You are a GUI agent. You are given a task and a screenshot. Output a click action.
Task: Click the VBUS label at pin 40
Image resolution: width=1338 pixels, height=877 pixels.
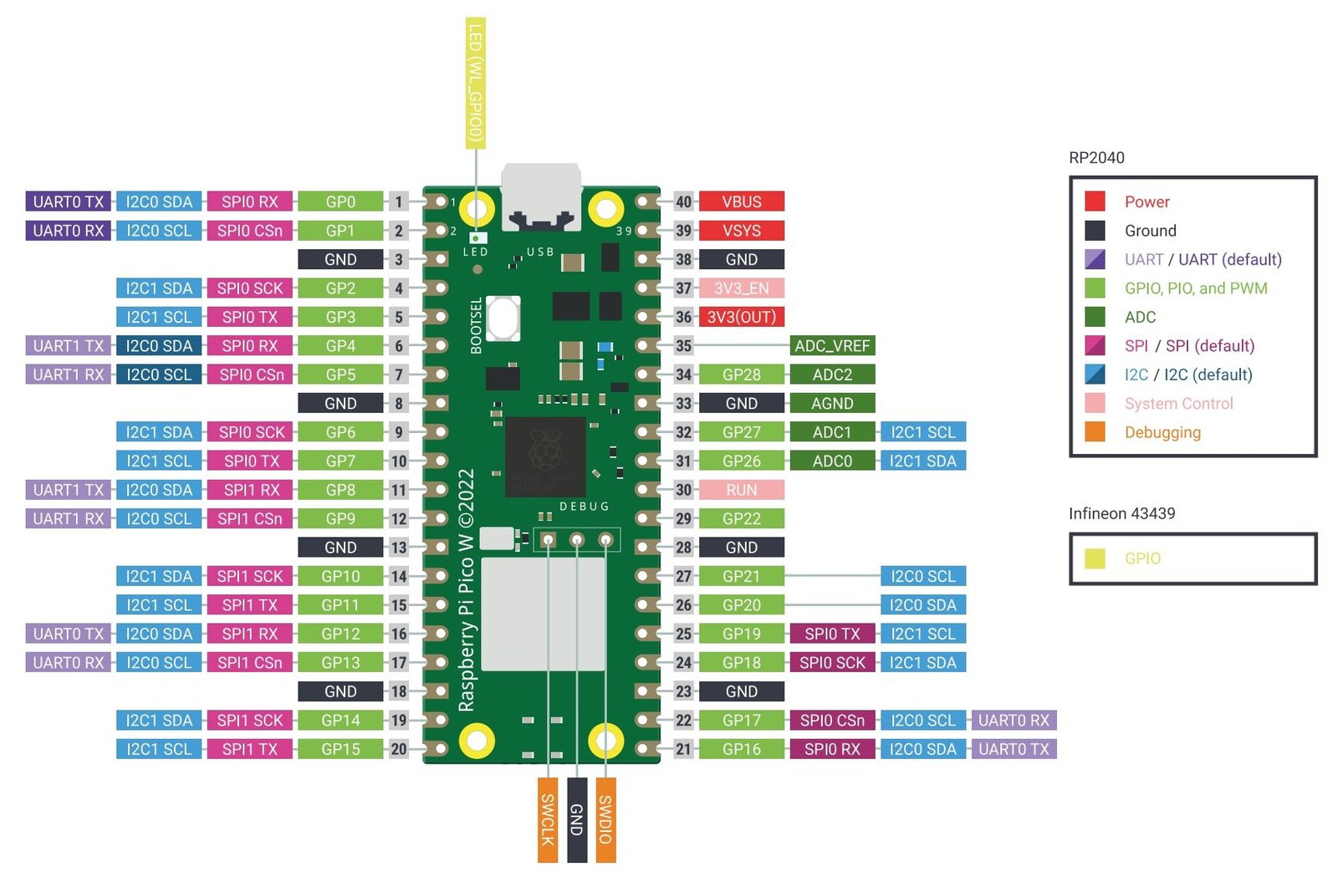coord(741,201)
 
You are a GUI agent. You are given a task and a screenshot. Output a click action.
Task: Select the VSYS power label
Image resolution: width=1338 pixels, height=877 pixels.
coord(741,231)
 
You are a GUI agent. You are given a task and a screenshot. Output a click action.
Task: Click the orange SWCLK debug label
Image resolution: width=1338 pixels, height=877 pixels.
coord(547,819)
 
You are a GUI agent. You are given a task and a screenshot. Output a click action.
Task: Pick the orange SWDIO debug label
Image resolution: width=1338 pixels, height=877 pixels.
coord(605,819)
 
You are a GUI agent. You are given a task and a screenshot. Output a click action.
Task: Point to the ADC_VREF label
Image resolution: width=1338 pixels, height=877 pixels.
coord(831,346)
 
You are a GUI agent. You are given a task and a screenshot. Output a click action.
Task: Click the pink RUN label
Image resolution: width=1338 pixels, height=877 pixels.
coord(741,490)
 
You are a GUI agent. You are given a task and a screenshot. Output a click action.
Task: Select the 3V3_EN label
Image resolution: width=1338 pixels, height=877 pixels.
coord(741,288)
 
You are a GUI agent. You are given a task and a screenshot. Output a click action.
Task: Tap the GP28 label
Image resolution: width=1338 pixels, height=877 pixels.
coord(741,375)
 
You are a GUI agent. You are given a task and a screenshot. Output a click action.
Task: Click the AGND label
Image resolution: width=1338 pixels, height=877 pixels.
coord(831,404)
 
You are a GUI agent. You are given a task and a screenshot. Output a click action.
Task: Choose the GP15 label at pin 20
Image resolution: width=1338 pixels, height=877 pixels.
coord(340,749)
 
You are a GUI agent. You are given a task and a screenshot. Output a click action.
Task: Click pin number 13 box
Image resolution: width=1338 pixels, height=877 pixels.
coord(399,548)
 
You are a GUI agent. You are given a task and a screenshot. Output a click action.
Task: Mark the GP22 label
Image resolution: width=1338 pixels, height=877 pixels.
coord(741,518)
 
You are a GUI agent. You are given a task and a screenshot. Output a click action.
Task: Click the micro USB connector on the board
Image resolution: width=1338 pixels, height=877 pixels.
coord(541,196)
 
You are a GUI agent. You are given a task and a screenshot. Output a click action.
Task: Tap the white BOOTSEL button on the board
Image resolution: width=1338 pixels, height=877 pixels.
coord(503,318)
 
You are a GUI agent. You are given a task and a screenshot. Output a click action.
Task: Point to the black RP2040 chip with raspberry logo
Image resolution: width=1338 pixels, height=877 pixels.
coord(545,456)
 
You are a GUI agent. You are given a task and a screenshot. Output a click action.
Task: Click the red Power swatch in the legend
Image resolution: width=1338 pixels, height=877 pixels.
coord(1095,201)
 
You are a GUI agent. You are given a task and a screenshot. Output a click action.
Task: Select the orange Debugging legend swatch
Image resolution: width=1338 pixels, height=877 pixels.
coord(1095,432)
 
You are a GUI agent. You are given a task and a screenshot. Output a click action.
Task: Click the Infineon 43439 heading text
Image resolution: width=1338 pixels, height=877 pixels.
coord(1121,513)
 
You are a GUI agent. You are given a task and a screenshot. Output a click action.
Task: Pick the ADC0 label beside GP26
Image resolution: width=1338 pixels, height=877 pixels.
coord(831,461)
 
